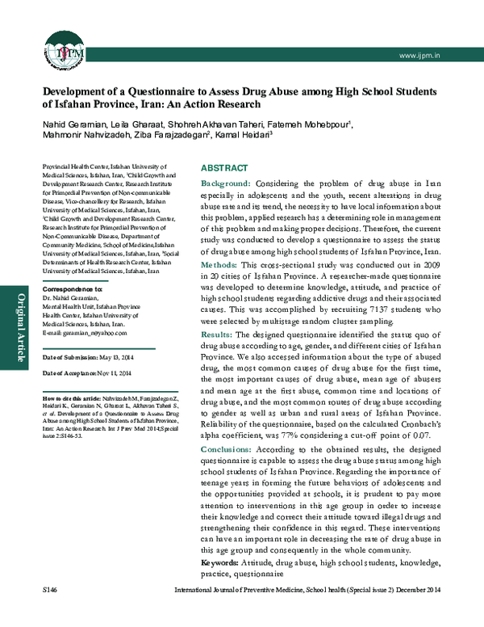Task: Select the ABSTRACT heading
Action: coord(225,168)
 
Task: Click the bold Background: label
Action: coord(226,185)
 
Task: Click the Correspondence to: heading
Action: coord(72,288)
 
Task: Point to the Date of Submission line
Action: coord(86,357)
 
